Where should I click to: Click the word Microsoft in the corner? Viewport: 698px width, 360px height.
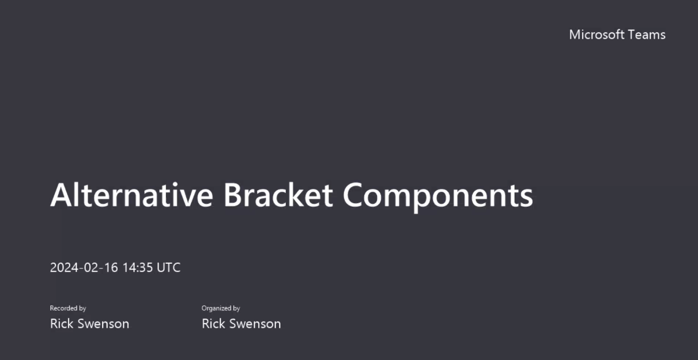pos(597,35)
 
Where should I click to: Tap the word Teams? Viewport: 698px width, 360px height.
pos(647,35)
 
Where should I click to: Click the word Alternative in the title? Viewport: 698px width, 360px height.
pos(131,195)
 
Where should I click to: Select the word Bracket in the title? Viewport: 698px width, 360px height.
pos(278,195)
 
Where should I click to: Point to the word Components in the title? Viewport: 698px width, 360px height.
pos(438,197)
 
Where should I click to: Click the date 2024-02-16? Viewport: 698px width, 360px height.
pos(84,267)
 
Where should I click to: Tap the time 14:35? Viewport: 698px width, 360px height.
pos(137,267)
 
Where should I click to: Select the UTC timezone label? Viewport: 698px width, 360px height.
pos(168,267)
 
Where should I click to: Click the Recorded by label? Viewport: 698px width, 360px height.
pos(68,308)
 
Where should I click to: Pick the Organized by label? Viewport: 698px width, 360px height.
pos(221,308)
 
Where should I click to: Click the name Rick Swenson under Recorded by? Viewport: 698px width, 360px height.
pos(89,324)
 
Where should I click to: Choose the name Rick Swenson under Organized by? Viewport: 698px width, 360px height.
pos(241,324)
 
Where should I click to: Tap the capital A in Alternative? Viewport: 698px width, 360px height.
pos(62,195)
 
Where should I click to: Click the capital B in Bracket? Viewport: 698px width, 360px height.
pos(233,195)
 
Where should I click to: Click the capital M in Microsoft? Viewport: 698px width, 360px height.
pos(575,35)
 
